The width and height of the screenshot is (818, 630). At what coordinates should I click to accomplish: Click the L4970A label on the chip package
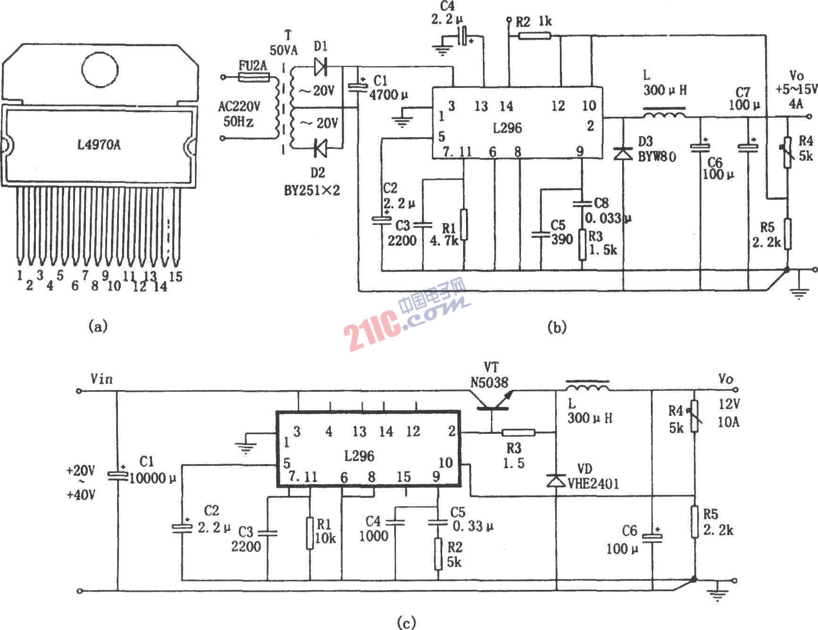tap(99, 144)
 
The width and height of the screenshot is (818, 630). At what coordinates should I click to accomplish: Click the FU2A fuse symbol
tap(253, 77)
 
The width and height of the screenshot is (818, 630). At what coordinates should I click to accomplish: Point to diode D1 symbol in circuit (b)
tap(320, 66)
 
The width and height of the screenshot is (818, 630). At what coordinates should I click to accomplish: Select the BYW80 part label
tap(657, 156)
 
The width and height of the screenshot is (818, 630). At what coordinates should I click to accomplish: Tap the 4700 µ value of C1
tap(388, 95)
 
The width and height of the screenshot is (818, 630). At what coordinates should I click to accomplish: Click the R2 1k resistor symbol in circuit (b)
tap(534, 35)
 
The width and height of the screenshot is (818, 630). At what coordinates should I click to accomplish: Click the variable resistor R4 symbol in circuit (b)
tap(787, 152)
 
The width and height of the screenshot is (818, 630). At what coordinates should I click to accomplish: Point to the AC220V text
tap(239, 106)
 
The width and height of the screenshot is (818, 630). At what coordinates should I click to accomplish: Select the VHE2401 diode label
tap(593, 483)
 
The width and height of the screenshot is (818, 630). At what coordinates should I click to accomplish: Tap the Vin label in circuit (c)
tap(101, 379)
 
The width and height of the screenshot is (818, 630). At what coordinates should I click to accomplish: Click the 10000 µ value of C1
tap(152, 478)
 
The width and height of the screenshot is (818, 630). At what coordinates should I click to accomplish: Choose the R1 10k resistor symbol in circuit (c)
tap(310, 533)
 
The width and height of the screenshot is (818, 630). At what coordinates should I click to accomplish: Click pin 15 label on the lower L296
tap(404, 476)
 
